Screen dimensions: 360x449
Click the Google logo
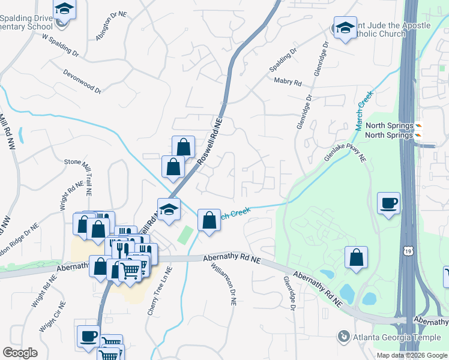click(20, 353)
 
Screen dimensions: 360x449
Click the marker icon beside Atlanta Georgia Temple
click(344, 337)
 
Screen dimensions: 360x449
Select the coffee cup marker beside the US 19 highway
click(388, 204)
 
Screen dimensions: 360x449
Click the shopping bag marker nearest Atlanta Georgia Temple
click(357, 257)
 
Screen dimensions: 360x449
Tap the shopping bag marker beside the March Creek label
click(209, 220)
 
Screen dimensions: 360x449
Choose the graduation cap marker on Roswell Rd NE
click(169, 209)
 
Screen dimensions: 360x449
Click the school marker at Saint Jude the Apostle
click(345, 28)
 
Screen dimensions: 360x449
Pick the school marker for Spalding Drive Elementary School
click(64, 10)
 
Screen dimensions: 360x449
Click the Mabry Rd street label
click(288, 81)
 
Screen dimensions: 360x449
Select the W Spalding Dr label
click(61, 45)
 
